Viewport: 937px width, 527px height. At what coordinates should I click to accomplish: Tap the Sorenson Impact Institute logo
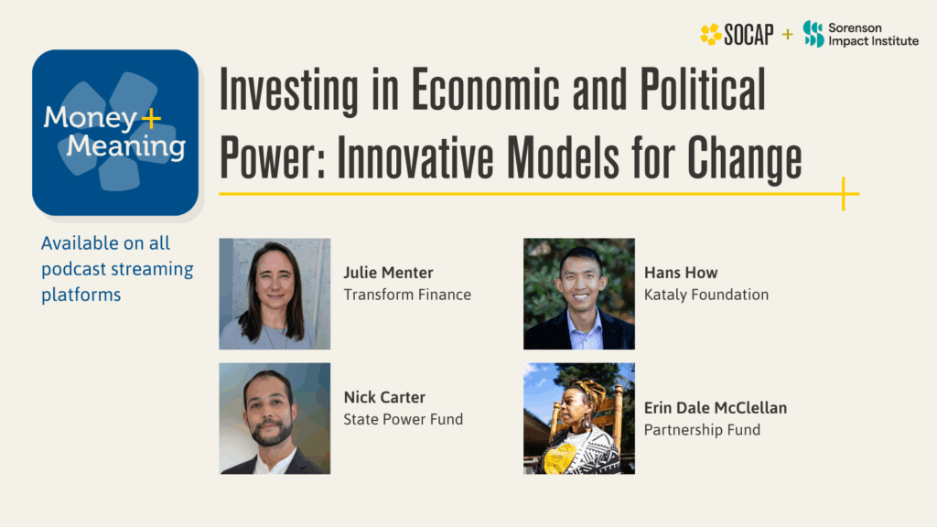tap(860, 35)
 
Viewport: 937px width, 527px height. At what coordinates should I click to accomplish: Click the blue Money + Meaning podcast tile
tap(115, 133)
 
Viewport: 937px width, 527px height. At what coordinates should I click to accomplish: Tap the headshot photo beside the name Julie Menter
tap(275, 294)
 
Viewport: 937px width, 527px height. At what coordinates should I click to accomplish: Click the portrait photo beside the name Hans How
tap(579, 294)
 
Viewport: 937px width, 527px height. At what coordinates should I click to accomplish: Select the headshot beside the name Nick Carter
tap(275, 418)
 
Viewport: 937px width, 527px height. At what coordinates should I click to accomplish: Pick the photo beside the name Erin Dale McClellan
tap(579, 418)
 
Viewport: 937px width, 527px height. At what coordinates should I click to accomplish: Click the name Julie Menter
tap(388, 273)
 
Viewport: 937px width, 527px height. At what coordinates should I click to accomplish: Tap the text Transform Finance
tap(407, 295)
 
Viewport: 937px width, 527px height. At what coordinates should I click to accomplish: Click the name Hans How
tap(681, 273)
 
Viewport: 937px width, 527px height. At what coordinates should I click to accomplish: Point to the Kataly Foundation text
tap(706, 295)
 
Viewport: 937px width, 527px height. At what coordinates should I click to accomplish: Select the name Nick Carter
tap(384, 397)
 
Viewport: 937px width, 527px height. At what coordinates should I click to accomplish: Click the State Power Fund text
tap(404, 419)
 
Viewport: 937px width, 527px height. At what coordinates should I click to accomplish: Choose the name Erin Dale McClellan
tap(716, 407)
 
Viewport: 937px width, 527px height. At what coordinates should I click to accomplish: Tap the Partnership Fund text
tap(702, 429)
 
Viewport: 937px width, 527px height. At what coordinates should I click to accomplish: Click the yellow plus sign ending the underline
tap(843, 193)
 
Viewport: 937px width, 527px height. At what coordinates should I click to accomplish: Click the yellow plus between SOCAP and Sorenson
tap(788, 35)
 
